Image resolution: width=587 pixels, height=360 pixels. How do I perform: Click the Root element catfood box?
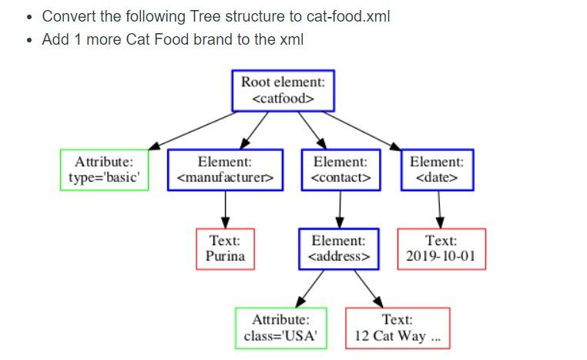pyautogui.click(x=283, y=91)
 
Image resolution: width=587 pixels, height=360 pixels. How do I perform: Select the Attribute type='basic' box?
pyautogui.click(x=104, y=170)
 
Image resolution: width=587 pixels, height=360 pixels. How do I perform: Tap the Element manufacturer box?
pyautogui.click(x=225, y=170)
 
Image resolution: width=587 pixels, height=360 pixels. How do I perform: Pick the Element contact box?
pyautogui.click(x=340, y=170)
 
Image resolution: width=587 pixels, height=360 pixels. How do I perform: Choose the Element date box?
pyautogui.click(x=437, y=170)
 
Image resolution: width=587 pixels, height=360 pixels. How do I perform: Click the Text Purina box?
pyautogui.click(x=225, y=248)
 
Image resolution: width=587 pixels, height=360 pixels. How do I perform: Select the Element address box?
pyautogui.click(x=340, y=248)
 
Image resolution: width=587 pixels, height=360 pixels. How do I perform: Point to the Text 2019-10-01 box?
pyautogui.click(x=441, y=248)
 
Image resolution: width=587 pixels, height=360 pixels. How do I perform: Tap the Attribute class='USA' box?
pyautogui.click(x=280, y=328)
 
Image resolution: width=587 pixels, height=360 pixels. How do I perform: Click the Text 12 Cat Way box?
pyautogui.click(x=397, y=328)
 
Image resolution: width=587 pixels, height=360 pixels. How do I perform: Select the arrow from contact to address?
pyautogui.click(x=340, y=209)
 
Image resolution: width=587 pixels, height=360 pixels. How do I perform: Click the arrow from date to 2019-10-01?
pyautogui.click(x=439, y=209)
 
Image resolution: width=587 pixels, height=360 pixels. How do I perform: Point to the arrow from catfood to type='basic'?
pyautogui.click(x=193, y=130)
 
